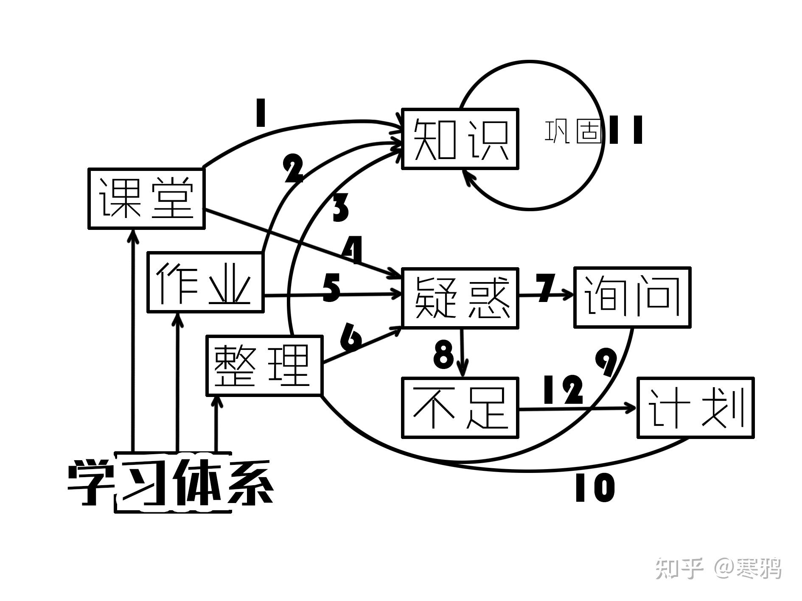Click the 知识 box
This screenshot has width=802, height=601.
[460, 139]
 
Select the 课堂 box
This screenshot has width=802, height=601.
[146, 198]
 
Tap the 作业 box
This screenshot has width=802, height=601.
[205, 282]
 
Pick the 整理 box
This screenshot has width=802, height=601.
[264, 365]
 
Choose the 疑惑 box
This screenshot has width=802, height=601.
[460, 298]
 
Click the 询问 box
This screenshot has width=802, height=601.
[632, 297]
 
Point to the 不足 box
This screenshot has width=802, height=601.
[460, 407]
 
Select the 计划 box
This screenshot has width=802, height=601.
[695, 408]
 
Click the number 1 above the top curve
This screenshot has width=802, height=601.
[260, 113]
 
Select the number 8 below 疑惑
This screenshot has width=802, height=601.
[443, 355]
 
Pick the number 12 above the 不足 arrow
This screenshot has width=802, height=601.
[563, 390]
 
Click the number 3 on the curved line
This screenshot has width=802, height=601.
[341, 208]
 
